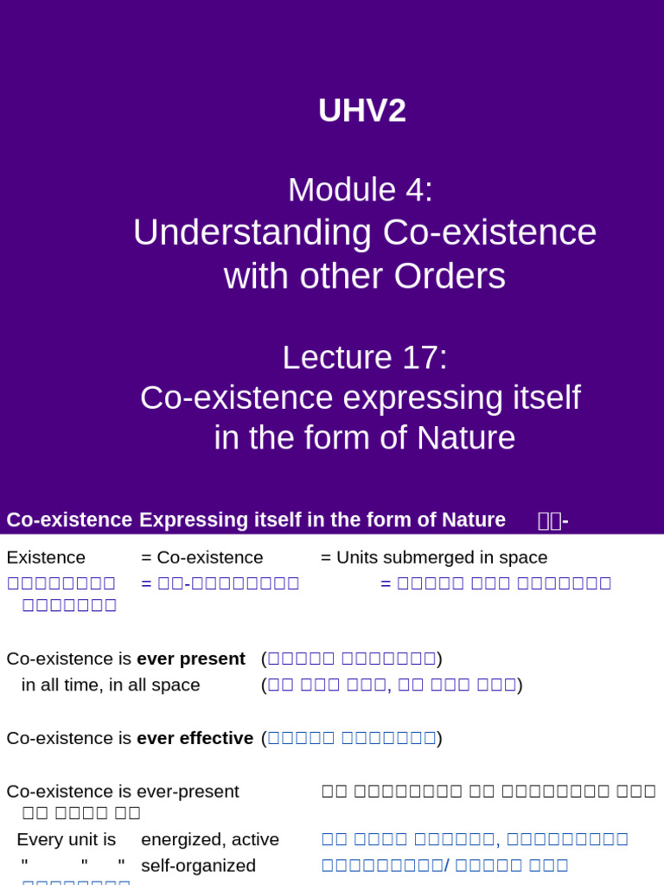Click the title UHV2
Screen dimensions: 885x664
[x=361, y=111]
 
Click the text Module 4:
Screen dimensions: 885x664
[x=361, y=190]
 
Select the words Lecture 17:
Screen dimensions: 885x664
[x=365, y=358]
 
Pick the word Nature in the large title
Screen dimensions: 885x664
[x=466, y=437]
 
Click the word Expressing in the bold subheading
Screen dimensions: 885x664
[x=193, y=520]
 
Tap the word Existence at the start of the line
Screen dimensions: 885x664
[x=46, y=557]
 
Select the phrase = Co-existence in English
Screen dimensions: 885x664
[x=201, y=557]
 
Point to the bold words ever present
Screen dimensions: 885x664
[x=191, y=659]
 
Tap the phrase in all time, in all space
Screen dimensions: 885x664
[x=111, y=684]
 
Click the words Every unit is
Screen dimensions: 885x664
[x=67, y=839]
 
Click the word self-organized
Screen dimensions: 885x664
[x=198, y=865]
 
